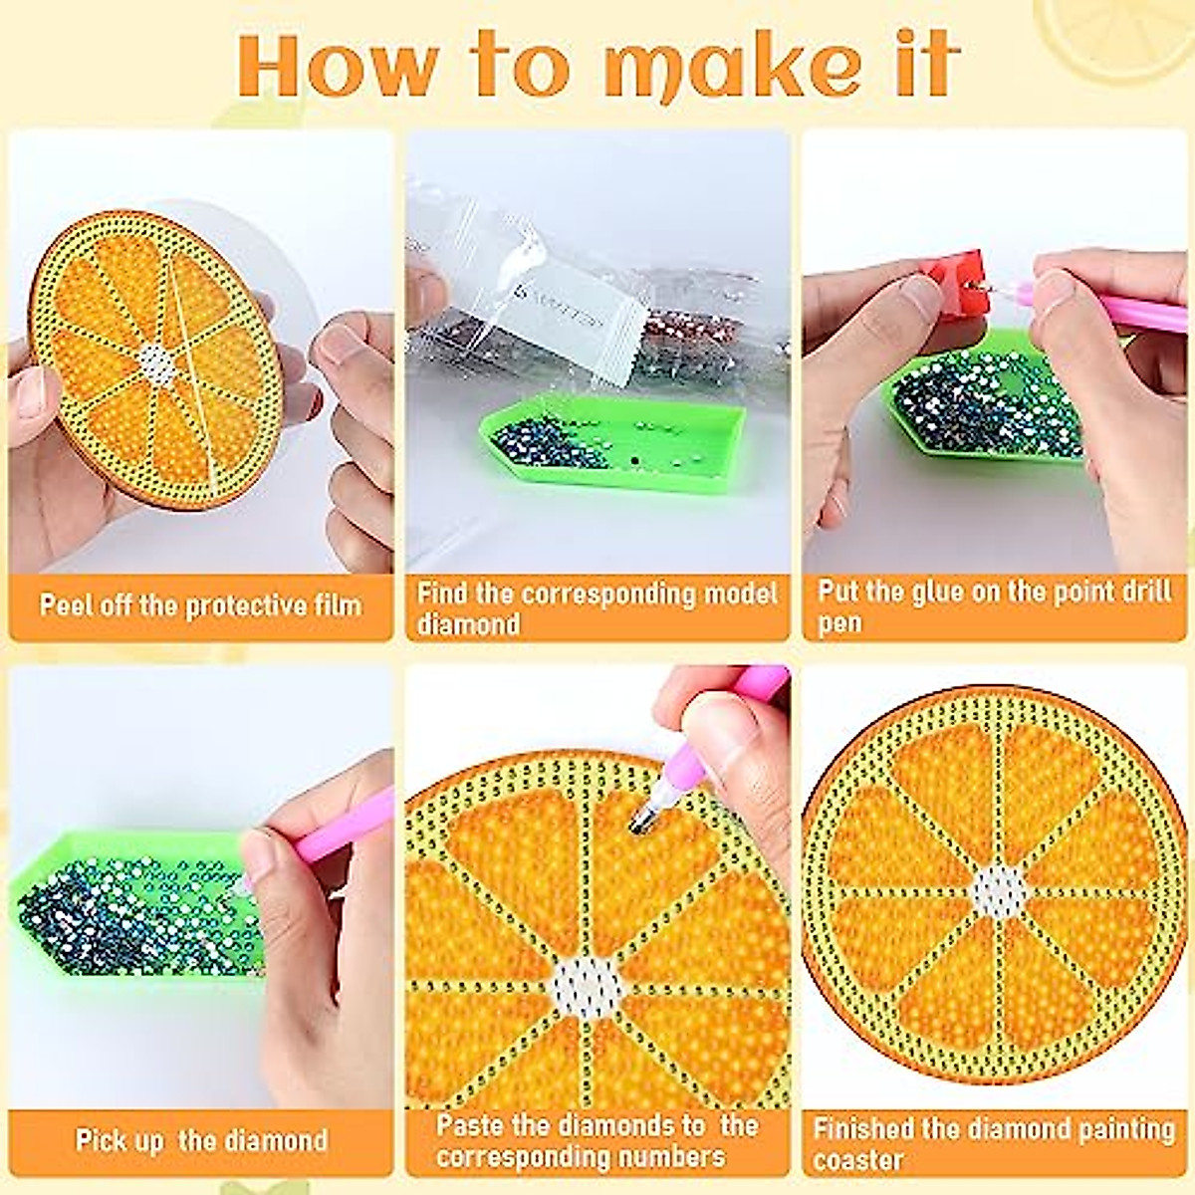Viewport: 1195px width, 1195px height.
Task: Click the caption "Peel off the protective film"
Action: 200,604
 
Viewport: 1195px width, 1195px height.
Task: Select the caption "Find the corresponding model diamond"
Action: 597,608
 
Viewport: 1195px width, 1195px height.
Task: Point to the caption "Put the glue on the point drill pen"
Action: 994,606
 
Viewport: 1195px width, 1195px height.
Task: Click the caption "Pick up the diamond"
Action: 200,1139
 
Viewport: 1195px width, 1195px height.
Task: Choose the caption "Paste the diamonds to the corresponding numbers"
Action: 597,1140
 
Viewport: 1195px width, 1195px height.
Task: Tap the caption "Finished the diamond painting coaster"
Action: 994,1143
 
